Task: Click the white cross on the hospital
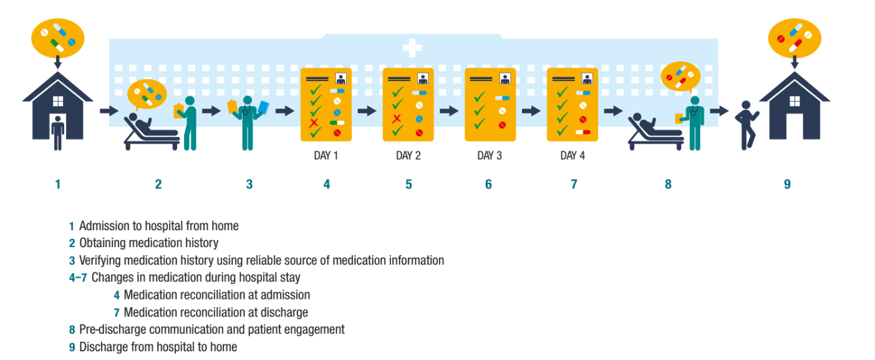(412, 48)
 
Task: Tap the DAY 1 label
(326, 155)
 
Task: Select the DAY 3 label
(490, 155)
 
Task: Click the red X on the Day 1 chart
(314, 122)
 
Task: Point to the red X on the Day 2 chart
(396, 118)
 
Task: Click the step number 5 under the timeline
(408, 184)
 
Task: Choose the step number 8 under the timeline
(668, 184)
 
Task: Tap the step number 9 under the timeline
(787, 184)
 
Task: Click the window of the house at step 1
(57, 100)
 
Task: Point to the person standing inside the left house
(57, 132)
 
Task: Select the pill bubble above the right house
(794, 37)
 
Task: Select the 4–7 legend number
(78, 278)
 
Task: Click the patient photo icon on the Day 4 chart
(586, 79)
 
